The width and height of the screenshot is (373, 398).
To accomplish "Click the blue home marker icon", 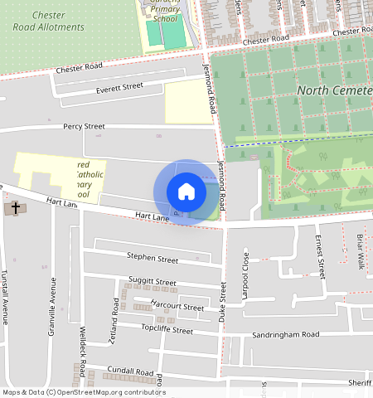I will (x=186, y=192).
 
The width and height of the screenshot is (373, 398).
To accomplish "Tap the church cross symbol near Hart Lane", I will (x=15, y=208).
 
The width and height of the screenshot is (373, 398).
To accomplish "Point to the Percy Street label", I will (x=84, y=127).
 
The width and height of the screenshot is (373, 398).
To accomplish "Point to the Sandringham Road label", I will (x=286, y=335).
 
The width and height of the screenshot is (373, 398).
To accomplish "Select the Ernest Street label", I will (x=319, y=256).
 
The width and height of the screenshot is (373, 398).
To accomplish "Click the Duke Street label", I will (x=222, y=302).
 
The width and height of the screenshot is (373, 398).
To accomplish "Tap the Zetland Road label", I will (x=115, y=318).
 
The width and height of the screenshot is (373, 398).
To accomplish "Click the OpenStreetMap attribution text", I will (x=83, y=392).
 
